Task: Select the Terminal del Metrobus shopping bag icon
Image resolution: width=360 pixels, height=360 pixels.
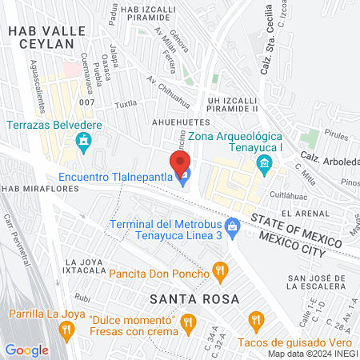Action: click(x=233, y=228)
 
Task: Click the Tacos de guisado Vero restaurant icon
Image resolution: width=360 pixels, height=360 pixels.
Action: click(x=256, y=322)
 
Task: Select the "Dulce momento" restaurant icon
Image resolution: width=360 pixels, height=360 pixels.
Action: click(x=189, y=322)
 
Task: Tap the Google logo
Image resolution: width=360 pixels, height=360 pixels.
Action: click(x=26, y=350)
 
